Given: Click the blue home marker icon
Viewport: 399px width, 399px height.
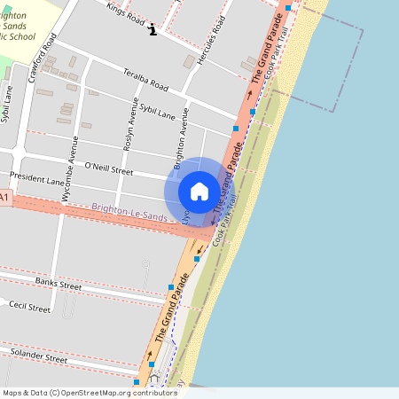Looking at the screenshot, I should (199, 191).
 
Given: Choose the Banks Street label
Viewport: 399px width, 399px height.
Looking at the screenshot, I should (58, 284).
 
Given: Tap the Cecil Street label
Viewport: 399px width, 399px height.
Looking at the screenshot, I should (29, 307).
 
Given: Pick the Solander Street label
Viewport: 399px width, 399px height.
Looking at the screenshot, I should (37, 356).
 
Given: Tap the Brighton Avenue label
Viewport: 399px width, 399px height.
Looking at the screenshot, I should (182, 138).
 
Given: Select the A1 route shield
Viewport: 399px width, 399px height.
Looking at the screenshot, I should (4, 197).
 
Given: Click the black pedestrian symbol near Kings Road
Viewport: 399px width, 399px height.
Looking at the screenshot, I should (153, 29).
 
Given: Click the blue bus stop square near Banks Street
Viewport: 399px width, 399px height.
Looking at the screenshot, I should (171, 287).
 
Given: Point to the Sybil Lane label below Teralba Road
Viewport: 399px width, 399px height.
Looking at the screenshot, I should (159, 111).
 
